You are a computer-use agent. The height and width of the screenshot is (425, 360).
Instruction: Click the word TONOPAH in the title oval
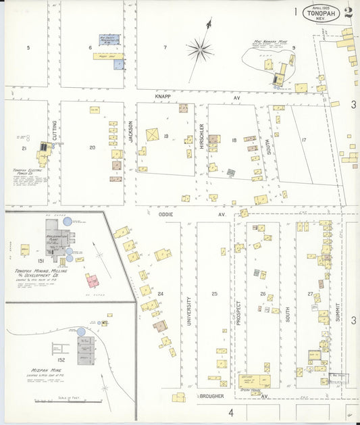pyautogui.click(x=319, y=12)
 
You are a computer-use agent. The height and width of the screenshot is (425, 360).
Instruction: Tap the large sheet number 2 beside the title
pyautogui.click(x=348, y=12)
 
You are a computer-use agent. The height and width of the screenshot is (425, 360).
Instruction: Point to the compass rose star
pyautogui.click(x=200, y=49)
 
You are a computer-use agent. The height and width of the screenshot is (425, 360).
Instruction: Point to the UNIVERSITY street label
pyautogui.click(x=188, y=311)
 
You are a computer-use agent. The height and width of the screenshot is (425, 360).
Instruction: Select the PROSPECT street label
pyautogui.click(x=238, y=314)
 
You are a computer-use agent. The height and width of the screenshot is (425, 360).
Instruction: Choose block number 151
pyautogui.click(x=41, y=260)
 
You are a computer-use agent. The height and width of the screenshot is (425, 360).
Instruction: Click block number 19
pyautogui.click(x=165, y=136)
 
